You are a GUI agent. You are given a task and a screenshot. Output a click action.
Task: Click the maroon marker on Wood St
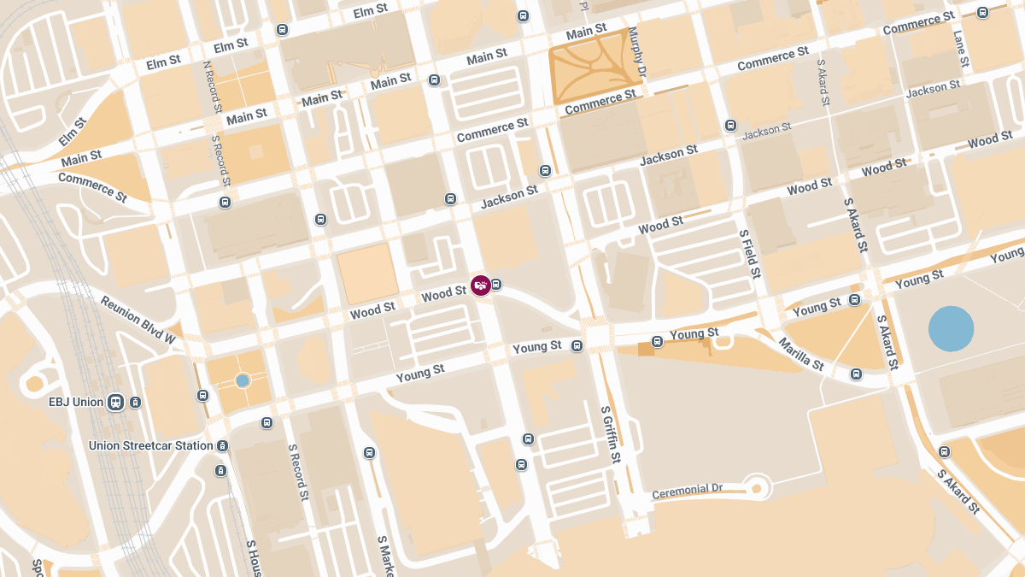481,286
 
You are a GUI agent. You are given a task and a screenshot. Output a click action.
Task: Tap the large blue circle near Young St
951,329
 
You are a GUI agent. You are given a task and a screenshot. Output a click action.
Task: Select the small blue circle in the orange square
243,380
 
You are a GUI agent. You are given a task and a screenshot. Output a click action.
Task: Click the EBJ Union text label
75,402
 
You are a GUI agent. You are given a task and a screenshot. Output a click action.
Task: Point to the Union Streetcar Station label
151,445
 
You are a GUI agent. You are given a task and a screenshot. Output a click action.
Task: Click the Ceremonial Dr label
687,492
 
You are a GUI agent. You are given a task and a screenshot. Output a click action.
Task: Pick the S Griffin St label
610,434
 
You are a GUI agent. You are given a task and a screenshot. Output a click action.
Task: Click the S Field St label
749,254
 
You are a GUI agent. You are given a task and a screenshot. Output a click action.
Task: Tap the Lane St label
960,50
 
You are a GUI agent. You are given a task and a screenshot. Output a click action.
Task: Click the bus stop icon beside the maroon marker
496,285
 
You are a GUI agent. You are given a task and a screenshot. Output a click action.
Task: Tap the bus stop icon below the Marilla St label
856,374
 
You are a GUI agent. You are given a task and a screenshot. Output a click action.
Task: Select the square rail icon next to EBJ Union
115,402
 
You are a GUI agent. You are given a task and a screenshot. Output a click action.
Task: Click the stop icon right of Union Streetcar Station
222,445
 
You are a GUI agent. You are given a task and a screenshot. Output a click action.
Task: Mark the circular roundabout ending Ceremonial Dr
756,487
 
